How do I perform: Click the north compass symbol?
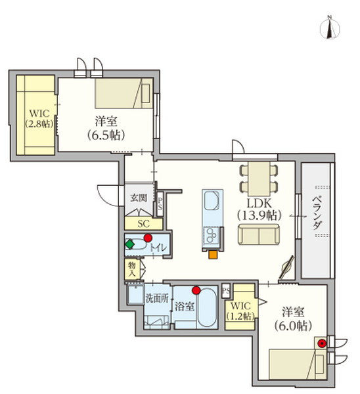330,28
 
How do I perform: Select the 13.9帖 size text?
258,215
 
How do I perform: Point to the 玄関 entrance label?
138,198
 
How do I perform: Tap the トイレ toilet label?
158,248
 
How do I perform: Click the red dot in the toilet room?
148,238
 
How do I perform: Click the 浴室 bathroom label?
186,306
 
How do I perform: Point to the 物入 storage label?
131,268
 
